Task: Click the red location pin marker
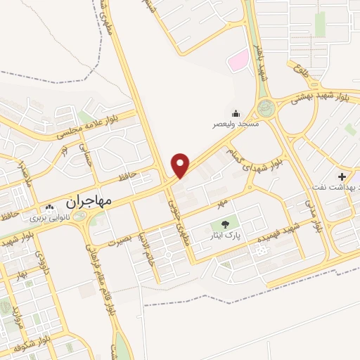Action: pyautogui.click(x=181, y=165)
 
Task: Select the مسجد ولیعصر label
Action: pyautogui.click(x=237, y=124)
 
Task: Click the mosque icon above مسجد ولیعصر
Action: pyautogui.click(x=235, y=113)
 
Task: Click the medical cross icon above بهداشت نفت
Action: pyautogui.click(x=342, y=176)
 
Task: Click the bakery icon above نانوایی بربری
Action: pyautogui.click(x=49, y=208)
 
